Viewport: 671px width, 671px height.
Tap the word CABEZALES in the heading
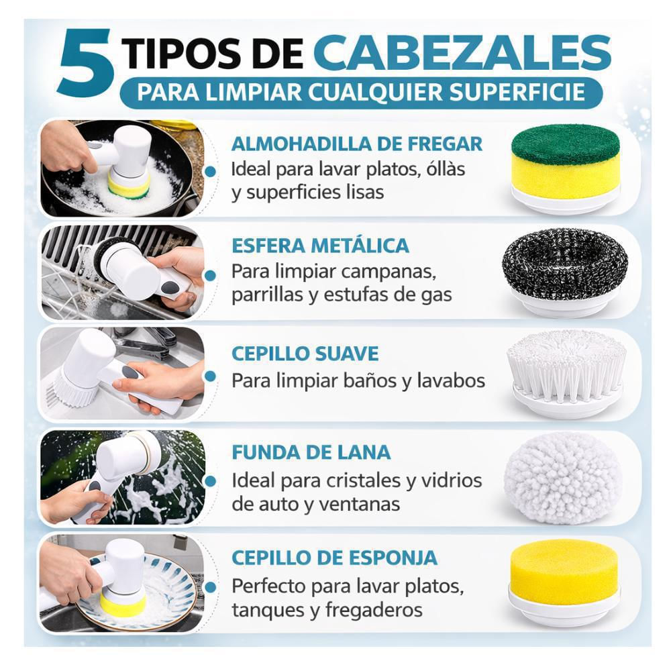462,52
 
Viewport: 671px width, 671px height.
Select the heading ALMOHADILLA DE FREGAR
357,144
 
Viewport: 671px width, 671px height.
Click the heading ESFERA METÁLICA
320,246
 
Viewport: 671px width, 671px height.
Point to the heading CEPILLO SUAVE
305,354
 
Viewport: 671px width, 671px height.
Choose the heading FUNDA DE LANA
311,452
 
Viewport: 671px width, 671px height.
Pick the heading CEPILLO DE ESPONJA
334,558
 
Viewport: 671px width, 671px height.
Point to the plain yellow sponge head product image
564,582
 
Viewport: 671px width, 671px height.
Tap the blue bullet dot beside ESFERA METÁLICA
210,276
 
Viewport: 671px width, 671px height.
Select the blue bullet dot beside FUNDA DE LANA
210,481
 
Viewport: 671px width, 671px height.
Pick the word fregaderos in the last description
374,610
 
